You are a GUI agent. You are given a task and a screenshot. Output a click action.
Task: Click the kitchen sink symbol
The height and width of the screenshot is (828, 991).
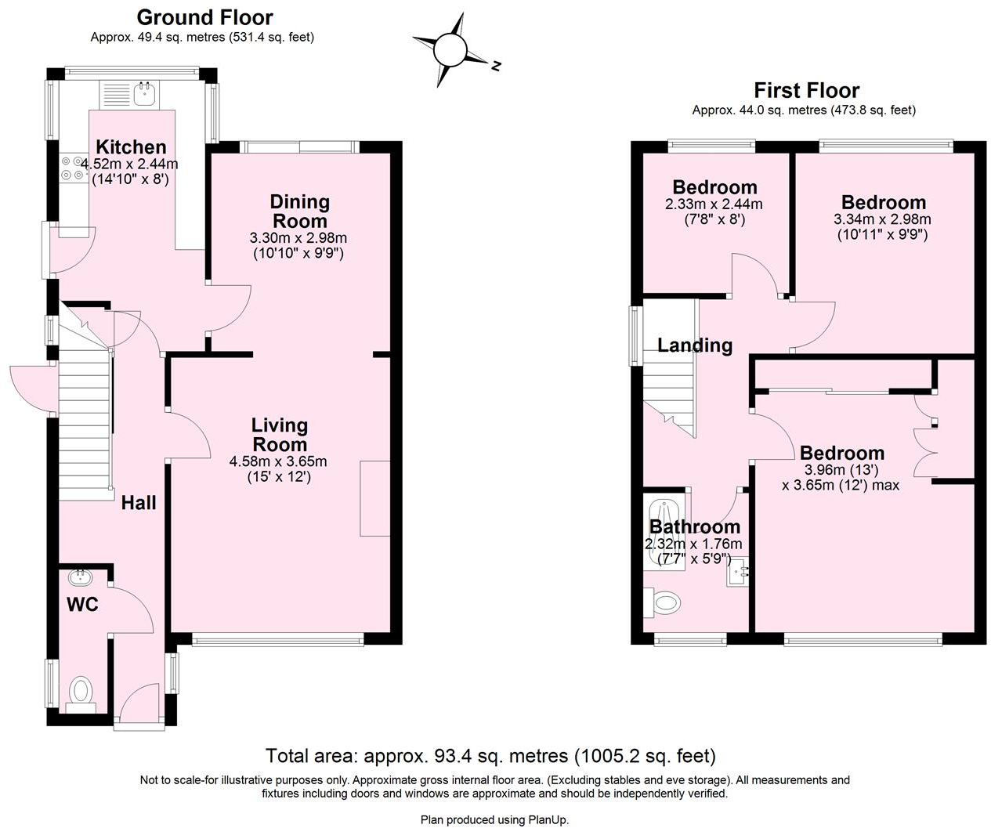[x=145, y=95]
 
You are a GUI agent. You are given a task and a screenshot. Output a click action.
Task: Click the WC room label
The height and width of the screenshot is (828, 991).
[x=82, y=604]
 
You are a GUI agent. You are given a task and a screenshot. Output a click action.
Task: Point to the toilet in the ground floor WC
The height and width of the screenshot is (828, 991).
[x=81, y=692]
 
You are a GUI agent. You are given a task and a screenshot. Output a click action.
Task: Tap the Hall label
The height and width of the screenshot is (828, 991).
[x=139, y=503]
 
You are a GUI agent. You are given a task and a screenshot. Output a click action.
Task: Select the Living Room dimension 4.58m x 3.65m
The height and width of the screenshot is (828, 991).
[x=278, y=461]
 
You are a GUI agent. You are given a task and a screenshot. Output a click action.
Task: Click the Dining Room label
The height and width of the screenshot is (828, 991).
[x=299, y=212]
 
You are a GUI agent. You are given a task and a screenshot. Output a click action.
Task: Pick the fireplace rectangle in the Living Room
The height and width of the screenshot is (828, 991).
[x=375, y=498]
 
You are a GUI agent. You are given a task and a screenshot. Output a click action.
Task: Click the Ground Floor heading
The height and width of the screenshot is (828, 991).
[x=204, y=17]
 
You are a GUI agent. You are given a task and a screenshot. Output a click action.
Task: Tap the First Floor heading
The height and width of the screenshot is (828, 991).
[x=806, y=90]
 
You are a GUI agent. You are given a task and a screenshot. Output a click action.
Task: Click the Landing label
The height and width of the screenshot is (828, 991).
[x=694, y=345]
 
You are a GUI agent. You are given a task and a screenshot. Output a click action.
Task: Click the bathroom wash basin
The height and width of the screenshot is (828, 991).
[x=737, y=572]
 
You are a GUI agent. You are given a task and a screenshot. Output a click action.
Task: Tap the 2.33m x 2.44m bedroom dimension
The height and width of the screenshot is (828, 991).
[x=714, y=204]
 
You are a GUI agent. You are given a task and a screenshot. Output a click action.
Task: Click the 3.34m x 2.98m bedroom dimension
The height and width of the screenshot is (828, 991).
[x=882, y=219]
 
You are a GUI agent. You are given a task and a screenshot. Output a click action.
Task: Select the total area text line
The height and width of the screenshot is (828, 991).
[x=490, y=756]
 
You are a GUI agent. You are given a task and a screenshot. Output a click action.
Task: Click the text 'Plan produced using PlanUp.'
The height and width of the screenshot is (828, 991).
[x=494, y=819]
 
